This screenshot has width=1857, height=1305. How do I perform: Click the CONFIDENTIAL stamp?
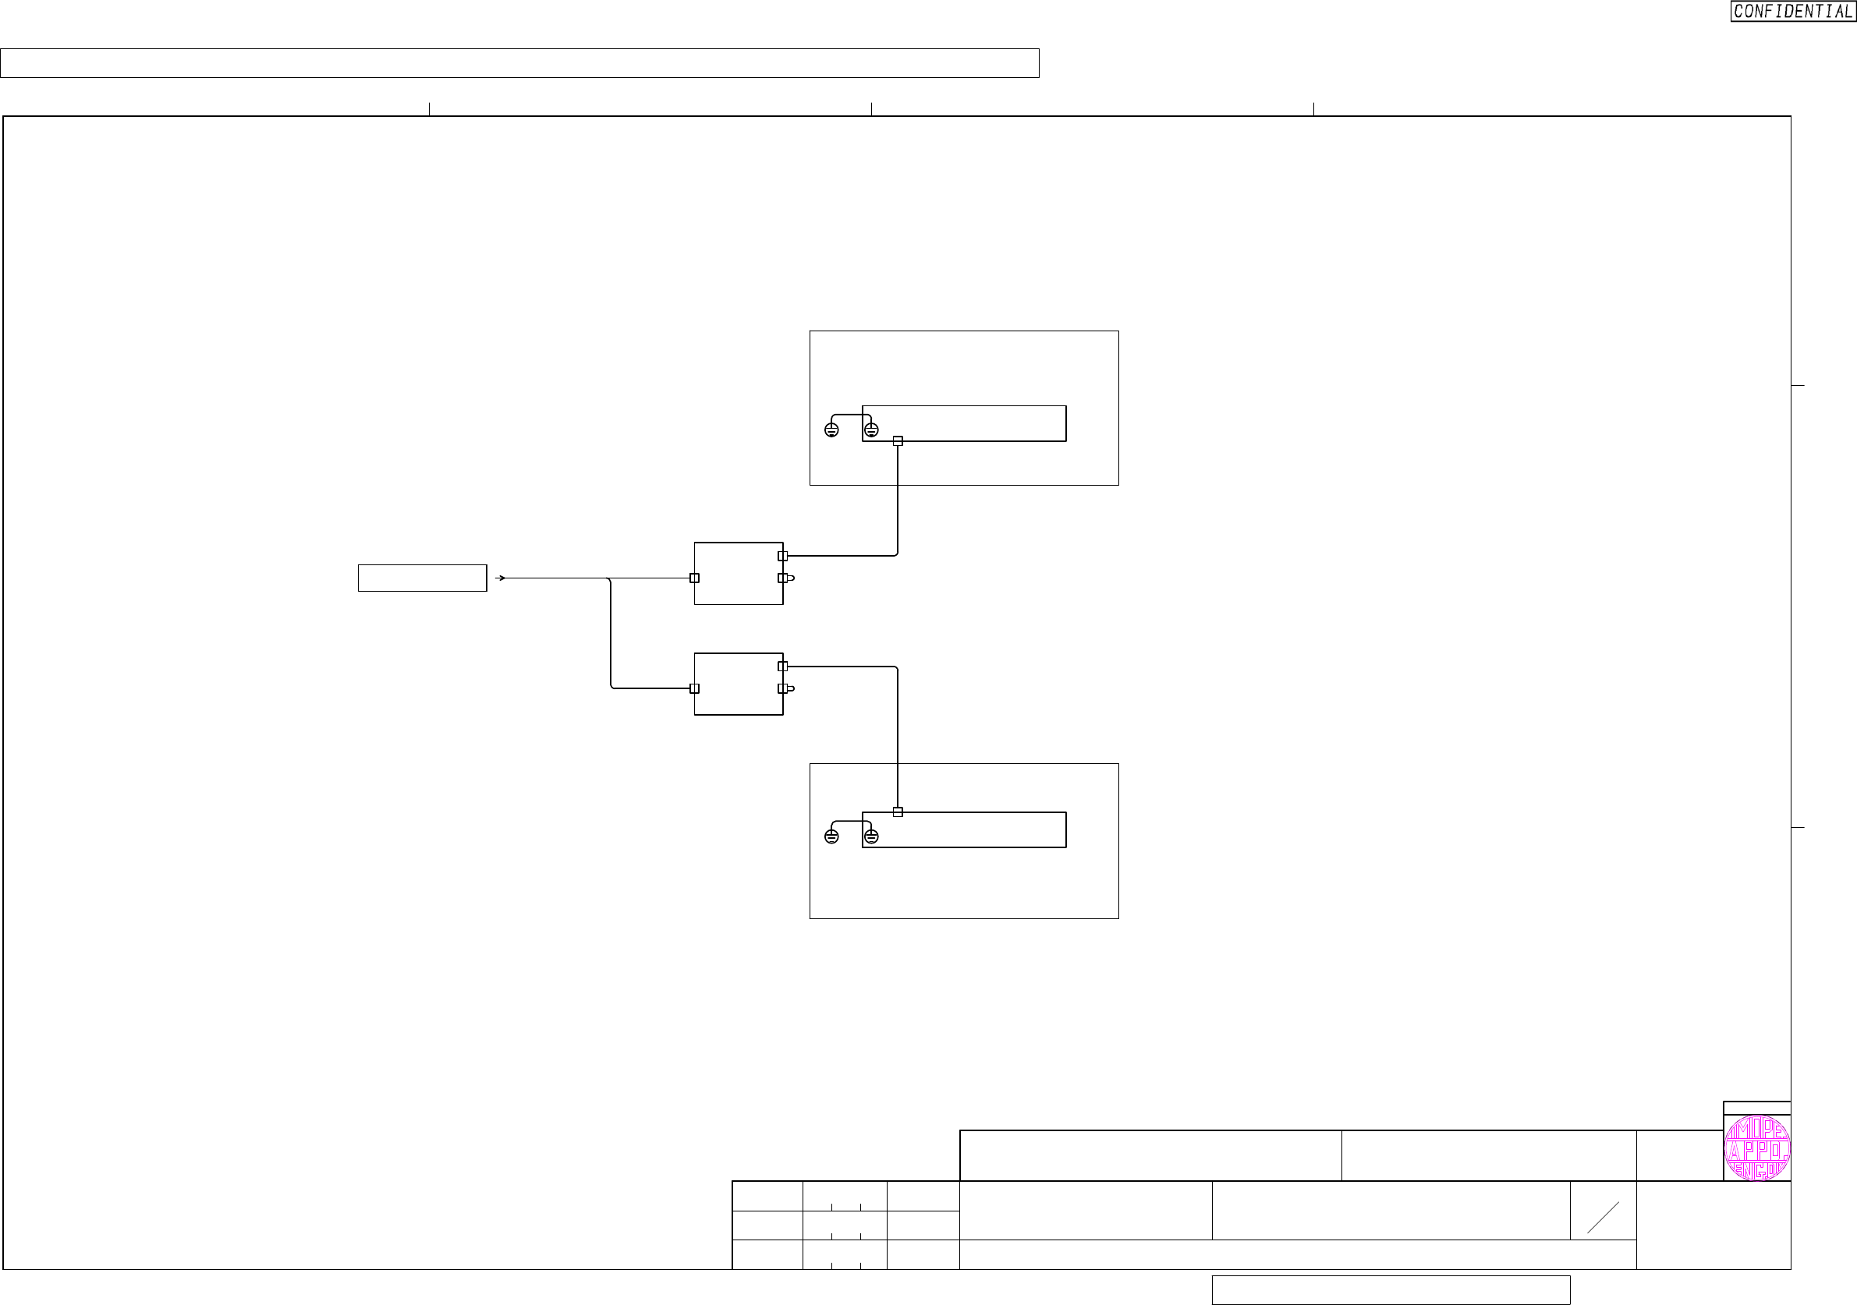(x=1792, y=12)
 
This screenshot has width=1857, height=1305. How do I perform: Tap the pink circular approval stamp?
(x=1756, y=1148)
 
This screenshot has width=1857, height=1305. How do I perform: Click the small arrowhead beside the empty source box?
(x=501, y=578)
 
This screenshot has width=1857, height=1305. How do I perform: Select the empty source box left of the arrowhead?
(x=422, y=578)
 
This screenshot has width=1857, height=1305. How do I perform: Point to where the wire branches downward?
(x=609, y=579)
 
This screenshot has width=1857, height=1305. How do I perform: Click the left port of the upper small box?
(x=694, y=578)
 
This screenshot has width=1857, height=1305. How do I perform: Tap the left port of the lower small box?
(x=694, y=689)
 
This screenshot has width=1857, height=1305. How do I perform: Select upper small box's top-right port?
(x=782, y=557)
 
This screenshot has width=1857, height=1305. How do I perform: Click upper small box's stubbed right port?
(x=782, y=578)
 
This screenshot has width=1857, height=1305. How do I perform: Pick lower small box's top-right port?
(x=782, y=667)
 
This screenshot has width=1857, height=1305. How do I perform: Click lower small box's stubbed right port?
(x=782, y=689)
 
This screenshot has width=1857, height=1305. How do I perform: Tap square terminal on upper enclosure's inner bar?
(x=898, y=441)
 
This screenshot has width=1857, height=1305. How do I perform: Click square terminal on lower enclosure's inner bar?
(x=898, y=812)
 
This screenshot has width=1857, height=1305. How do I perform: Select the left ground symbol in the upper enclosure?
(x=831, y=430)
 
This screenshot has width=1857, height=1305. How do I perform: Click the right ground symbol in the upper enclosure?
(x=871, y=430)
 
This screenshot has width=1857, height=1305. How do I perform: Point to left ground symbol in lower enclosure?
(x=831, y=836)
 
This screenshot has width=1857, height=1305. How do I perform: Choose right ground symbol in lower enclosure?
(x=871, y=836)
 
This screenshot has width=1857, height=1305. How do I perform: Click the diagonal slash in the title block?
(x=1603, y=1218)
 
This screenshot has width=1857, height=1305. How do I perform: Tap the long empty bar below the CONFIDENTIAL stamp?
(x=519, y=63)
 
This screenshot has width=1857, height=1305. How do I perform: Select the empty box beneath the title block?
(x=1391, y=1289)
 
